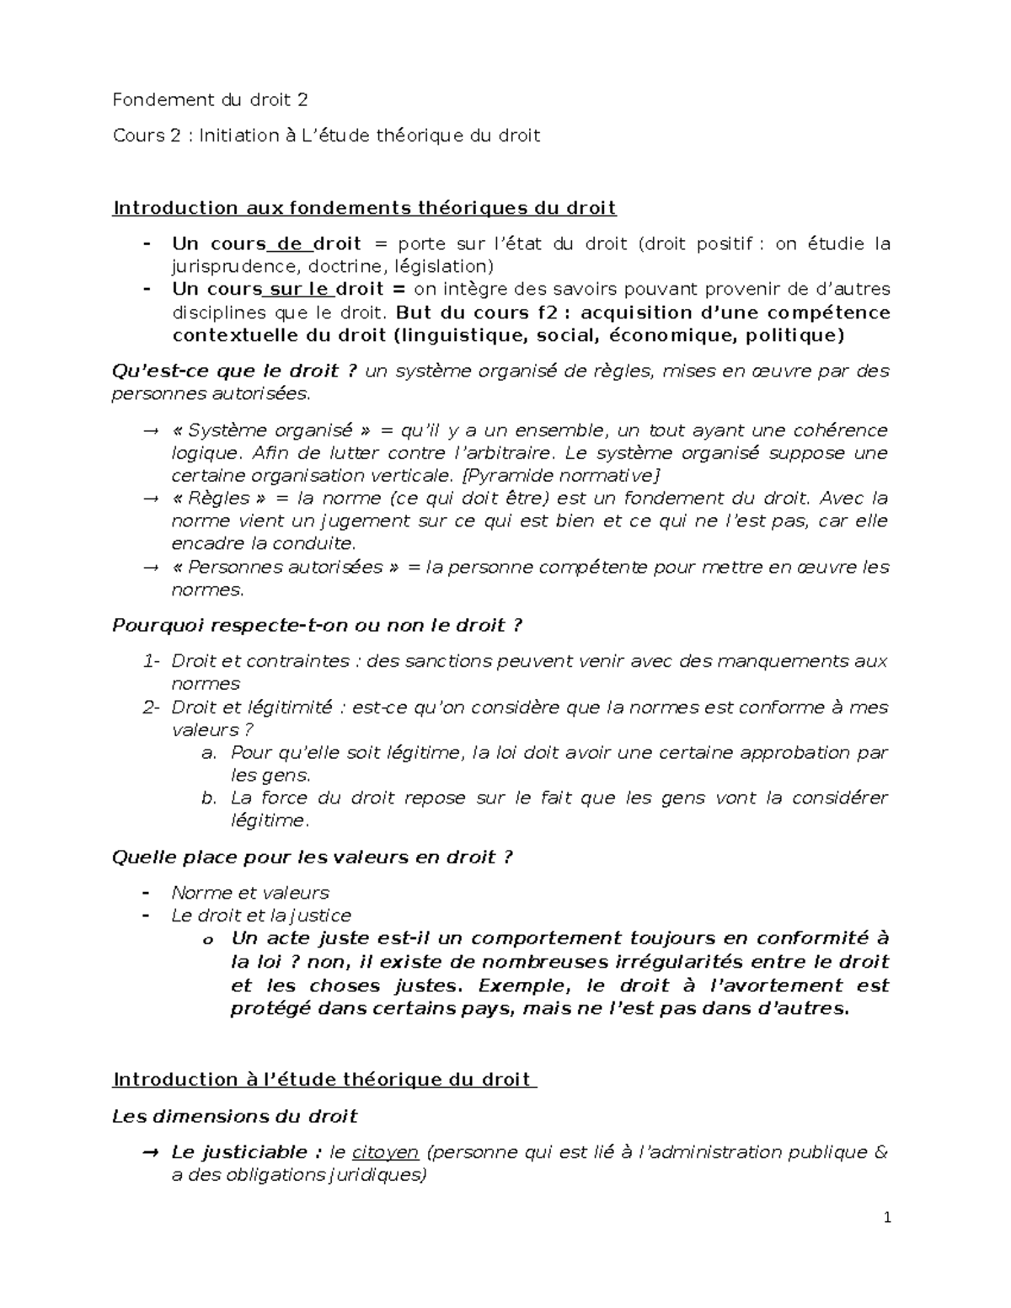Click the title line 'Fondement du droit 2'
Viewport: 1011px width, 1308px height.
click(211, 100)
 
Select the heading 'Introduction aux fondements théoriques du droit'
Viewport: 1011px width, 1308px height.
click(364, 208)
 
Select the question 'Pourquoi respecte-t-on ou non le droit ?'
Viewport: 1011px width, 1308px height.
click(317, 626)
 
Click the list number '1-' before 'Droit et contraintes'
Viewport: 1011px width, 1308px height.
click(152, 661)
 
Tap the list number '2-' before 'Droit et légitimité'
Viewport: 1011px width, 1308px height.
click(152, 707)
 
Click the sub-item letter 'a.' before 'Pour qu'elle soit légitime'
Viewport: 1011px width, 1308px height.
click(211, 753)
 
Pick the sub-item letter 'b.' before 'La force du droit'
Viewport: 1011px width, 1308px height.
click(211, 798)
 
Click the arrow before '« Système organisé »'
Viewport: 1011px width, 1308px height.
click(150, 431)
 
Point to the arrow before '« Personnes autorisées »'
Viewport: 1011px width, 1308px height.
click(150, 568)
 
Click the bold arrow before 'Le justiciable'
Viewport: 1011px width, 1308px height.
click(150, 1152)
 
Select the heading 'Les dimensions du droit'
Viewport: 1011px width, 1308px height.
click(235, 1117)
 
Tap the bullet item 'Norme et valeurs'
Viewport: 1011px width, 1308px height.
click(249, 893)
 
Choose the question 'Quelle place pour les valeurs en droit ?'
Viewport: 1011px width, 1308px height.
click(312, 857)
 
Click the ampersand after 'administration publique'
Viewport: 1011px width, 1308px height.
click(881, 1152)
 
